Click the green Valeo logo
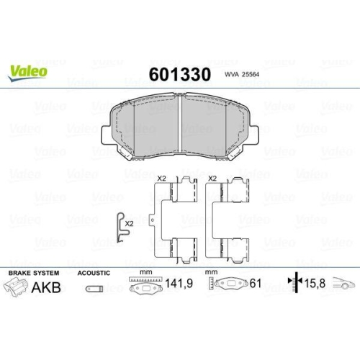(x=29, y=71)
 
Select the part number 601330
(x=179, y=74)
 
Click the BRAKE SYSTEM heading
(x=35, y=274)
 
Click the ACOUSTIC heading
(x=94, y=274)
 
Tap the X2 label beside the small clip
(x=129, y=224)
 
